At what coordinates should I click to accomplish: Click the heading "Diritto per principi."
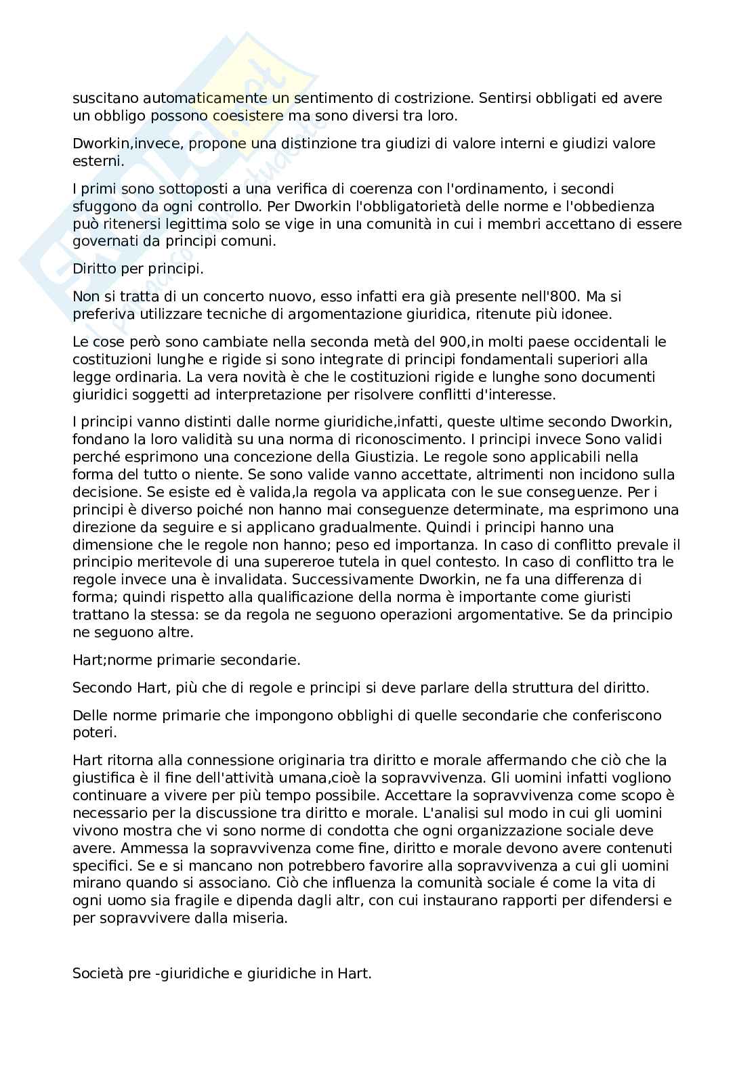(x=138, y=269)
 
